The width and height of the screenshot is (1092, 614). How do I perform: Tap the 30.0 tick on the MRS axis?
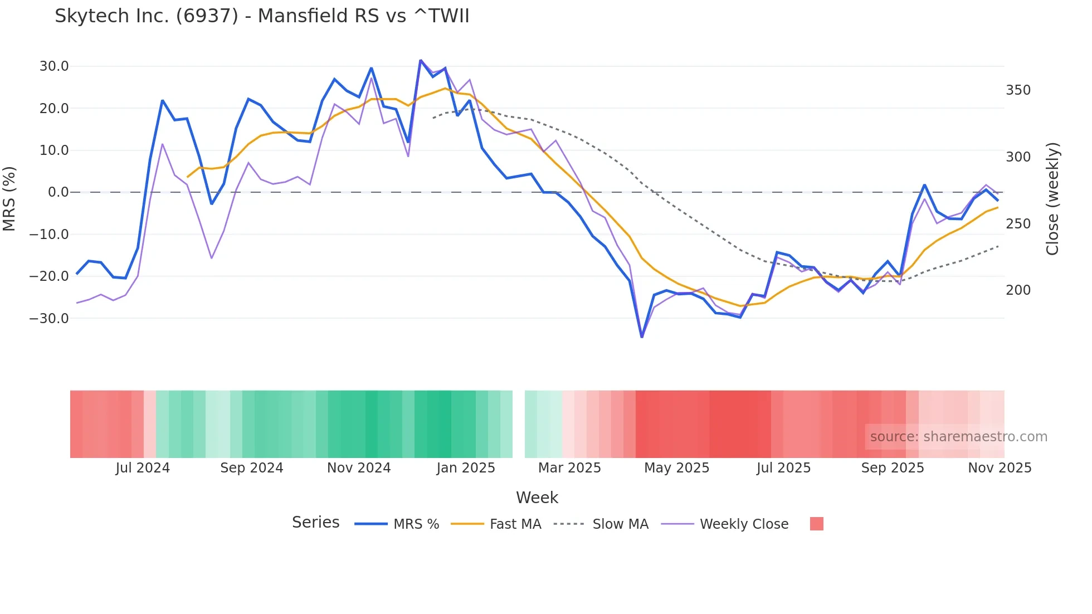point(54,66)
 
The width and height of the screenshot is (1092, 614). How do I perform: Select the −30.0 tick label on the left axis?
point(49,318)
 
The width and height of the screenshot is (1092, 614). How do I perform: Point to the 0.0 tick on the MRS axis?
point(58,192)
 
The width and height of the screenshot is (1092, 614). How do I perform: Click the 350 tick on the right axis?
point(1018,90)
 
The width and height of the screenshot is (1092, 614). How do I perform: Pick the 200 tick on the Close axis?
point(1018,290)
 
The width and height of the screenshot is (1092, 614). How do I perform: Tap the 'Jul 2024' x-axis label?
point(143,468)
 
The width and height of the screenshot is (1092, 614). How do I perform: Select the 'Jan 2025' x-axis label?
point(466,468)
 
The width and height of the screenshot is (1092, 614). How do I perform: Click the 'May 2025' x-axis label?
point(676,468)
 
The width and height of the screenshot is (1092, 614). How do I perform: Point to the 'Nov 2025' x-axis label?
point(1000,468)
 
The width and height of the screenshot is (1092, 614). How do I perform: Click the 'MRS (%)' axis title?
point(9,198)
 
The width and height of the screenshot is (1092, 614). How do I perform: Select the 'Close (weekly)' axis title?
point(1052,199)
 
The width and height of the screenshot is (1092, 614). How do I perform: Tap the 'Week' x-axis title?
point(537,498)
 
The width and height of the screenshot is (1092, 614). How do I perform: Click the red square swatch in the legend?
point(816,524)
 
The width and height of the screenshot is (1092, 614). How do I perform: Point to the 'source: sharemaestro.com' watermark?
point(958,437)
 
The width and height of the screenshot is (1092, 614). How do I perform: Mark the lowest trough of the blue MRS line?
point(642,337)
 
